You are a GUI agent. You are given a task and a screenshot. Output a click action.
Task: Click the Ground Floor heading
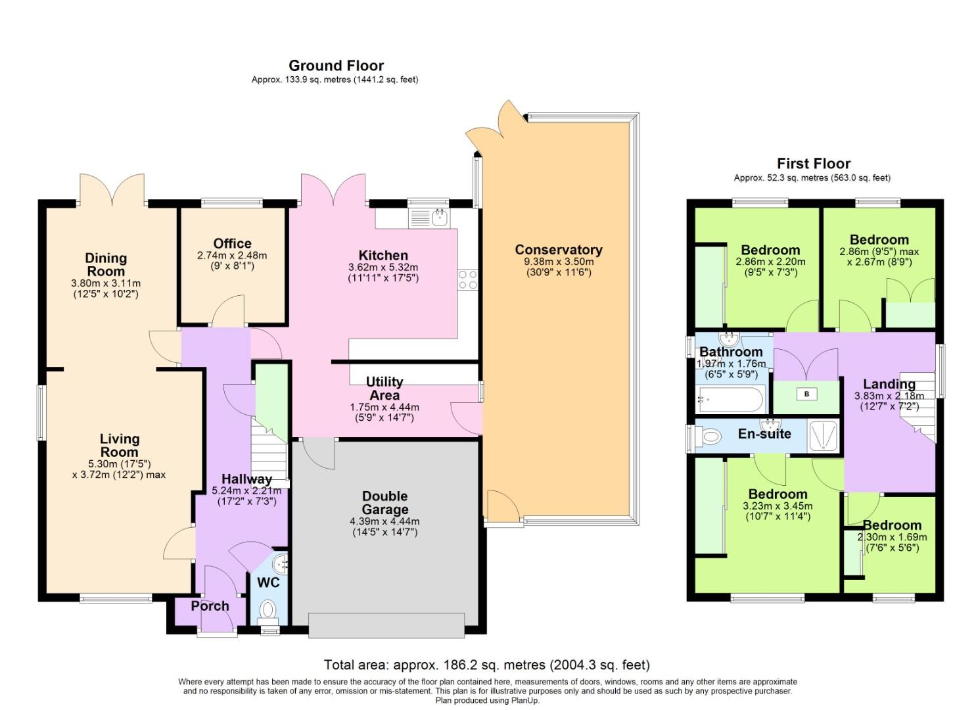pyautogui.click(x=336, y=66)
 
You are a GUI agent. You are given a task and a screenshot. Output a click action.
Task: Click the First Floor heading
pyautogui.click(x=813, y=164)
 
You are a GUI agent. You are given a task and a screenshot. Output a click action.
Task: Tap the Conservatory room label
pyautogui.click(x=558, y=250)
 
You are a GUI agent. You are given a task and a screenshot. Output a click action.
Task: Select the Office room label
pyautogui.click(x=232, y=244)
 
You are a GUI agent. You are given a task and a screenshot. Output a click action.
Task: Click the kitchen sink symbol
pyautogui.click(x=429, y=218)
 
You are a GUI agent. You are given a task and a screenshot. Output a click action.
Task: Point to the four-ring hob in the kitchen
pyautogui.click(x=467, y=279)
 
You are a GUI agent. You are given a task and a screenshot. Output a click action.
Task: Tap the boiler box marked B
pyautogui.click(x=806, y=394)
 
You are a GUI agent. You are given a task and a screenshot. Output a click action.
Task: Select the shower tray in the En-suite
pyautogui.click(x=824, y=436)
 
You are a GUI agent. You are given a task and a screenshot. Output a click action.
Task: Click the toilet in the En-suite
pyautogui.click(x=709, y=436)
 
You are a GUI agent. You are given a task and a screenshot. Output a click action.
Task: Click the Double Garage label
pyautogui.click(x=384, y=503)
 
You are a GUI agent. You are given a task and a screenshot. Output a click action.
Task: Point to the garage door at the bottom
pyautogui.click(x=386, y=625)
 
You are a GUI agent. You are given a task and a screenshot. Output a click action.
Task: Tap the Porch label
pyautogui.click(x=210, y=606)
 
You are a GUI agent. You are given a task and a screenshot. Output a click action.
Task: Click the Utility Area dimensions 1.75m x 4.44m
pyautogui.click(x=384, y=408)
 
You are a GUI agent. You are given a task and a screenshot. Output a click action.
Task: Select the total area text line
pyautogui.click(x=486, y=665)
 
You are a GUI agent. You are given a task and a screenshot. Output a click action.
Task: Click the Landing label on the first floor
pyautogui.click(x=889, y=385)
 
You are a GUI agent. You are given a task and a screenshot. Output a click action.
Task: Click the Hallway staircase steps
pyautogui.click(x=269, y=454)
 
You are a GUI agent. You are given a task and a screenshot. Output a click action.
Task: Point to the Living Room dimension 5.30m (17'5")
pyautogui.click(x=119, y=463)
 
